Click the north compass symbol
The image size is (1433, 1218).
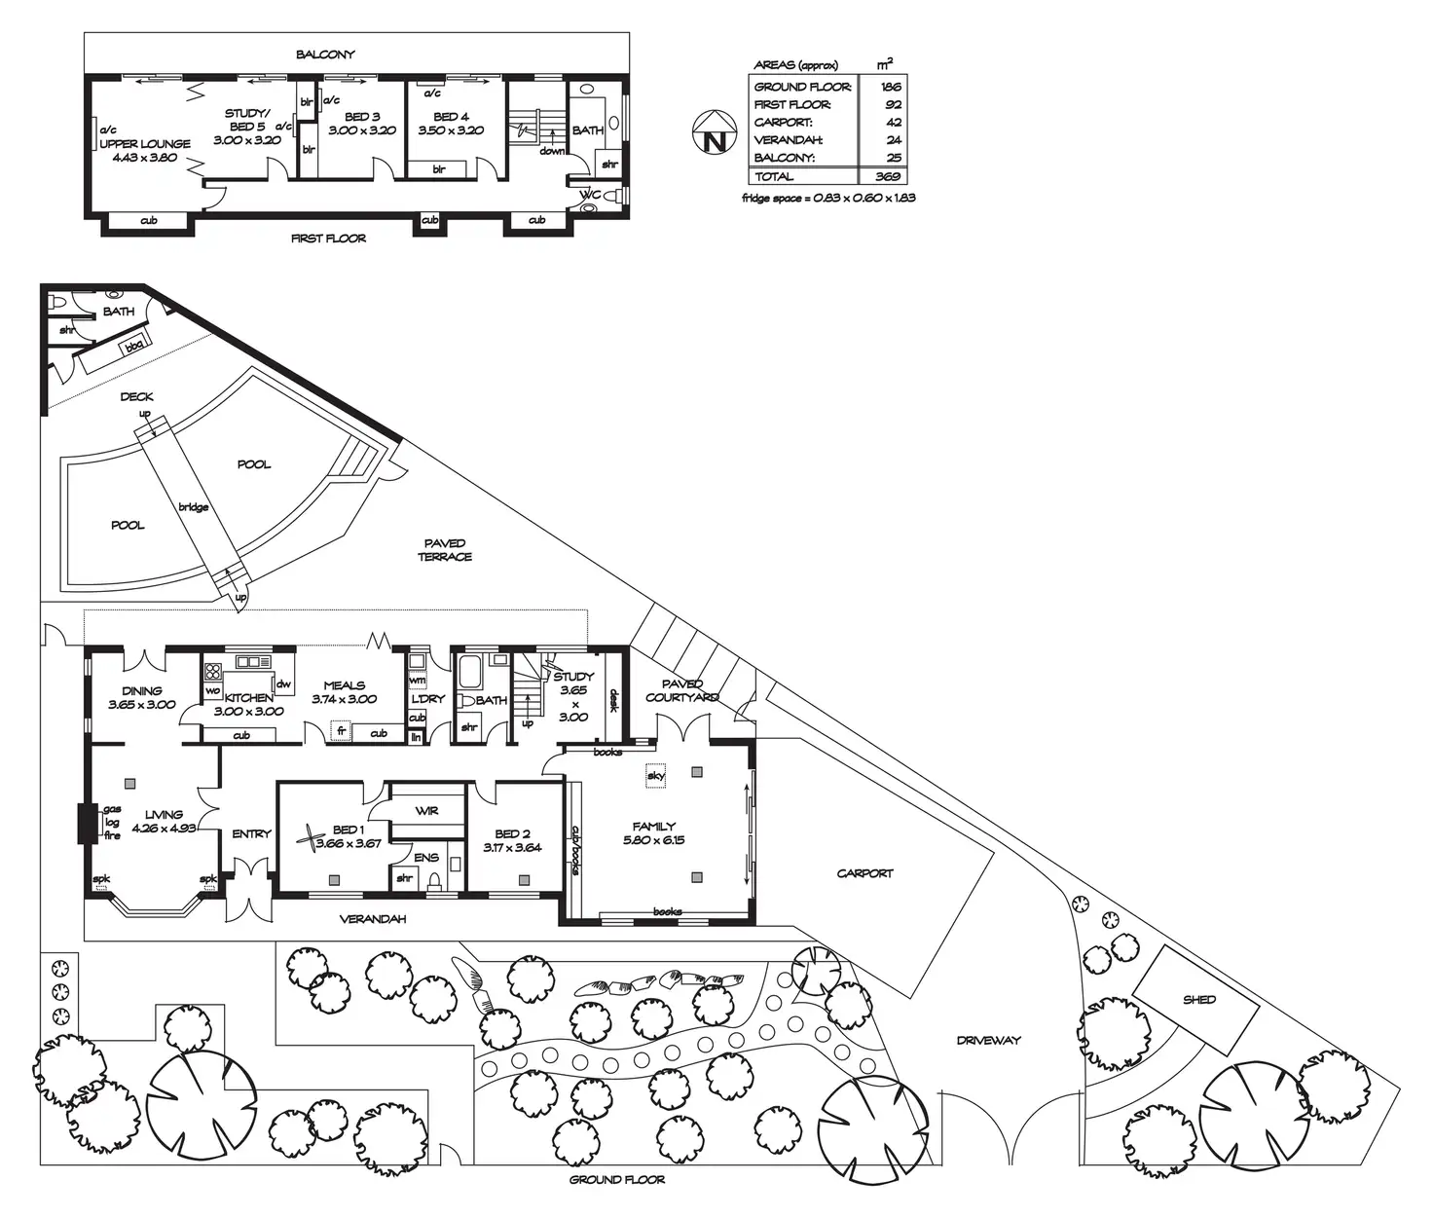point(716,133)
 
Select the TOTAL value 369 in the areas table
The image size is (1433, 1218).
point(887,176)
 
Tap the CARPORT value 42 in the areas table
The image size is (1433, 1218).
point(894,122)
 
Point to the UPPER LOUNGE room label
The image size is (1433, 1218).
point(145,144)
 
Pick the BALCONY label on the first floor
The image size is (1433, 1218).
point(325,55)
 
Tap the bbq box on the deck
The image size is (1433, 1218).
point(132,346)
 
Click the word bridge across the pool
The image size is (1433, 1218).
point(194,507)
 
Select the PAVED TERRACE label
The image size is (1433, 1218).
point(445,550)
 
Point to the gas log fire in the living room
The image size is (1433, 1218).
point(111,823)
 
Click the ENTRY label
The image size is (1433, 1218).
point(251,833)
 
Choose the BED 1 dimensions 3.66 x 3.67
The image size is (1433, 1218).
point(349,843)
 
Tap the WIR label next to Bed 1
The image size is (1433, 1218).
point(426,810)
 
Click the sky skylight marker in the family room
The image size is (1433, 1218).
point(655,776)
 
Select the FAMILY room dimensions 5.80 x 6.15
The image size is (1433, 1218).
point(653,839)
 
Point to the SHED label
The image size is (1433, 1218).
point(1199,1000)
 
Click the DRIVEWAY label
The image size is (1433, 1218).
point(988,1040)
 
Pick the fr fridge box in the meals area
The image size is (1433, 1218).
point(341,729)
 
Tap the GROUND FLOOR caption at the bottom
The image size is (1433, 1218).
point(617,1179)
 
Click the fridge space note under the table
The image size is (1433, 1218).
point(828,198)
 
